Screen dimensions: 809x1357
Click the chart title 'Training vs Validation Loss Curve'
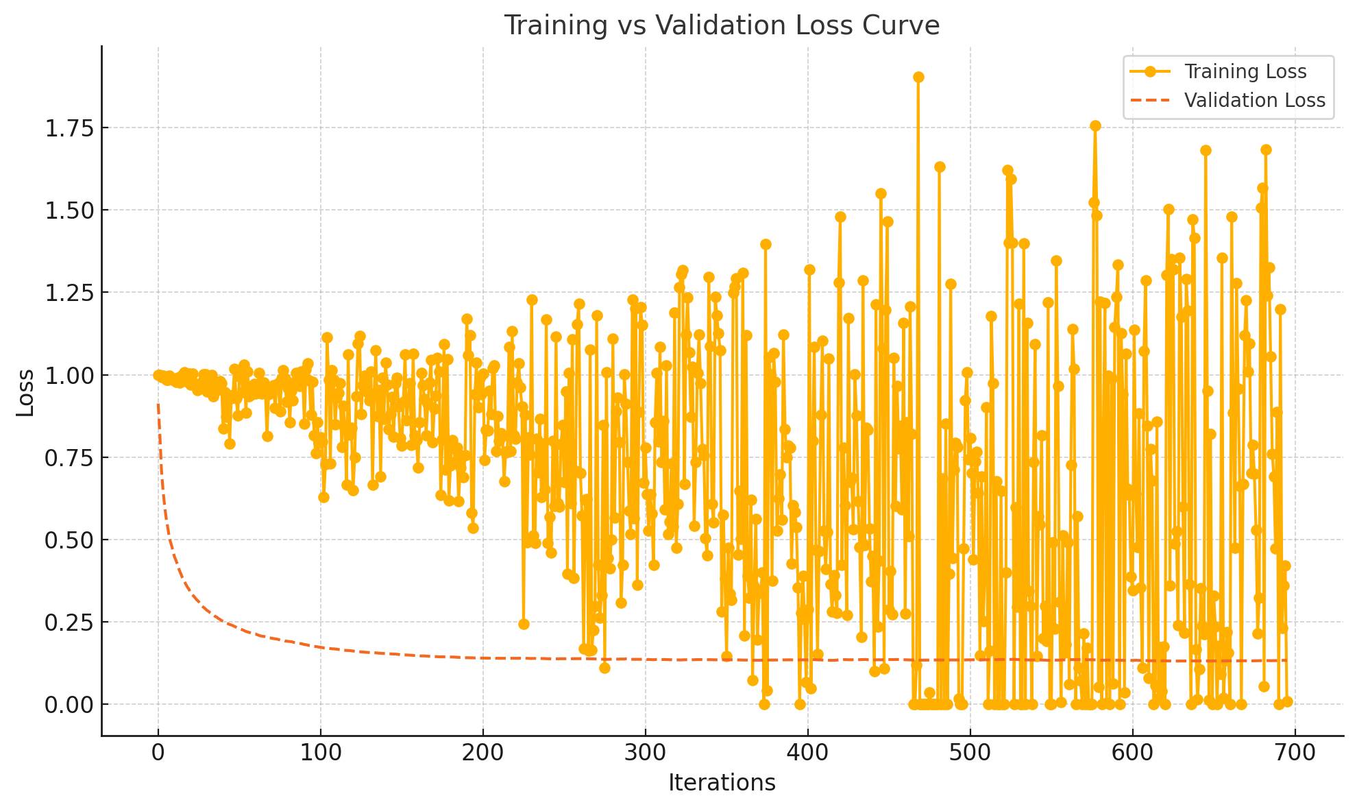(x=722, y=25)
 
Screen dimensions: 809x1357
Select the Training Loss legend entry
(x=1245, y=71)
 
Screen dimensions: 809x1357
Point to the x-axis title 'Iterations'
(x=722, y=782)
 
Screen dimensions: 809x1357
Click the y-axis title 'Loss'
(x=25, y=393)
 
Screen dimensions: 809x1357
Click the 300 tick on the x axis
(x=646, y=753)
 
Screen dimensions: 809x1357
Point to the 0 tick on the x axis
(x=158, y=753)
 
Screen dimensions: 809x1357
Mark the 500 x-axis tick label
(x=970, y=753)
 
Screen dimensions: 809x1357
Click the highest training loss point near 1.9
(x=918, y=77)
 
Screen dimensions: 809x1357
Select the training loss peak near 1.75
(x=1095, y=125)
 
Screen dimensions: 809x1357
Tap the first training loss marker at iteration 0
(x=158, y=375)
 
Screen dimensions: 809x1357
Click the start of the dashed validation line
(x=158, y=404)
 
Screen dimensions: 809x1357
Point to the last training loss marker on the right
(x=1287, y=701)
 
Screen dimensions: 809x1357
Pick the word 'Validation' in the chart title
(x=719, y=25)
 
